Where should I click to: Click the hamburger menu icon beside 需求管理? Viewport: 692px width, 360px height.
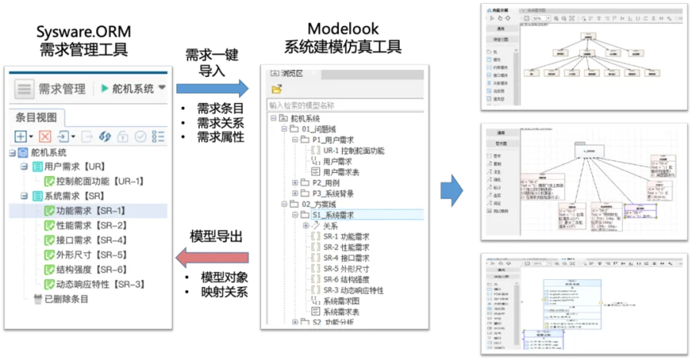pyautogui.click(x=25, y=88)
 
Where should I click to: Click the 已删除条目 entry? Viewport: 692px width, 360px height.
pyautogui.click(x=66, y=298)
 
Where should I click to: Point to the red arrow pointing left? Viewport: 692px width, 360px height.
pyautogui.click(x=212, y=258)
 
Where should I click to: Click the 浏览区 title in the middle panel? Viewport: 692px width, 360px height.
pyautogui.click(x=291, y=74)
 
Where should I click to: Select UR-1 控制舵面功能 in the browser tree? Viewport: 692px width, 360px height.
pyautogui.click(x=356, y=151)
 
